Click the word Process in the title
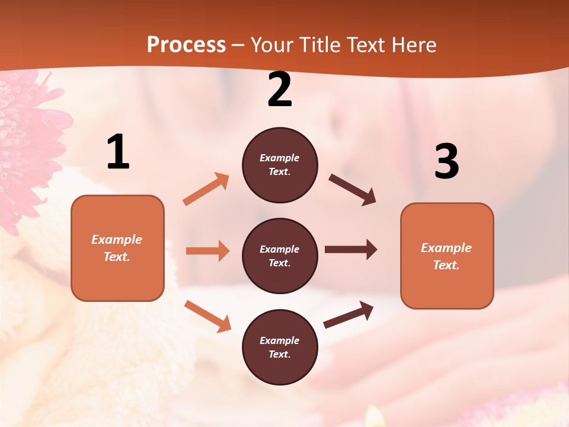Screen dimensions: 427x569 [186, 44]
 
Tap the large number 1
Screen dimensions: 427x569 [118, 152]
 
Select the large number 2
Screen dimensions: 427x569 [280, 90]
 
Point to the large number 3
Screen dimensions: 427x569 [446, 161]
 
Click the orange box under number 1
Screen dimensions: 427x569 [117, 248]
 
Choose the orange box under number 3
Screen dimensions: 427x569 [447, 256]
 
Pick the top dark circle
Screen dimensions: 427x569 [280, 165]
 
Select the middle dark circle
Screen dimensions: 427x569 [280, 256]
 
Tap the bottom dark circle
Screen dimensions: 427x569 [280, 347]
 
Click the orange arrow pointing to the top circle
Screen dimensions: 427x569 [206, 189]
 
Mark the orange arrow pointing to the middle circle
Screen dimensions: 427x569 [207, 251]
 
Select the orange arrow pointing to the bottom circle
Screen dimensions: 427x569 [207, 316]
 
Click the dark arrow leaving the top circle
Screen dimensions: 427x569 [353, 190]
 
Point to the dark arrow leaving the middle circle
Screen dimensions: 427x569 [351, 250]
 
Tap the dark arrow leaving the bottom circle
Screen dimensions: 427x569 [349, 315]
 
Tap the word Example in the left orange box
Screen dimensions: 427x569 [117, 240]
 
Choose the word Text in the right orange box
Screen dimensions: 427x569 [446, 265]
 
